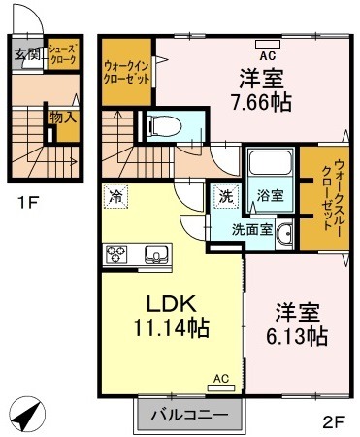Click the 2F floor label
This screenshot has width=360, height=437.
[x=333, y=420]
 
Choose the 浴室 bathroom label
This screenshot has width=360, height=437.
[x=268, y=194]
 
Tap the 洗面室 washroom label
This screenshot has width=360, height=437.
[x=251, y=231]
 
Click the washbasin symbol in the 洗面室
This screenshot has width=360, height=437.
[x=284, y=233]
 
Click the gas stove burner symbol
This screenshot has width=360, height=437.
[x=117, y=255]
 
